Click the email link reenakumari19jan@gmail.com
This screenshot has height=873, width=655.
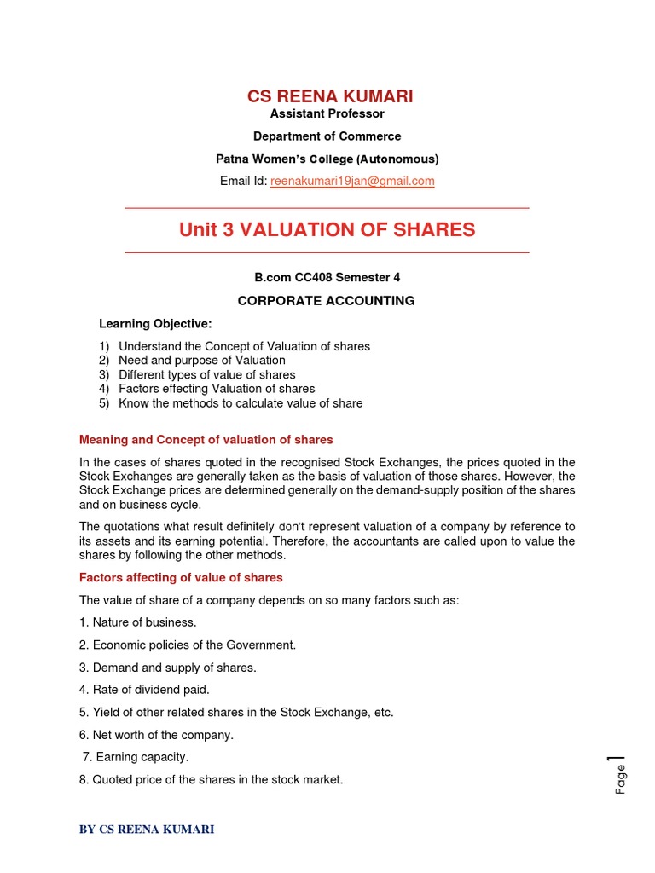(x=352, y=181)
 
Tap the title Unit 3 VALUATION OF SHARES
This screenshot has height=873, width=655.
(x=327, y=230)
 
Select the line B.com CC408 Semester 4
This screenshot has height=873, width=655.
(x=327, y=277)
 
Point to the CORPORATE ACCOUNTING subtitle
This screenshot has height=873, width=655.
(x=327, y=300)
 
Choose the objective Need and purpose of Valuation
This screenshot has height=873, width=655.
(x=201, y=361)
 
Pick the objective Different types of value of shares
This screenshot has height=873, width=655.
(x=206, y=375)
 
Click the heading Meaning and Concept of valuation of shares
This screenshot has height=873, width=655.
(x=206, y=440)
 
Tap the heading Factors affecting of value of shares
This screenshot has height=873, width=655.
(x=180, y=577)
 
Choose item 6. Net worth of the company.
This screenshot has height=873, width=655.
(x=155, y=735)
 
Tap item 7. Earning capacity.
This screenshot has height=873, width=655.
(x=135, y=757)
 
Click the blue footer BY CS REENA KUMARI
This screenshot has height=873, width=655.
(x=147, y=830)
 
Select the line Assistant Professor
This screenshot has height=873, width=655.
(x=327, y=113)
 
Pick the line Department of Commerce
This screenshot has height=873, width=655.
(x=327, y=136)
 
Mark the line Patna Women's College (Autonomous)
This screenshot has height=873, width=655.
(x=327, y=159)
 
